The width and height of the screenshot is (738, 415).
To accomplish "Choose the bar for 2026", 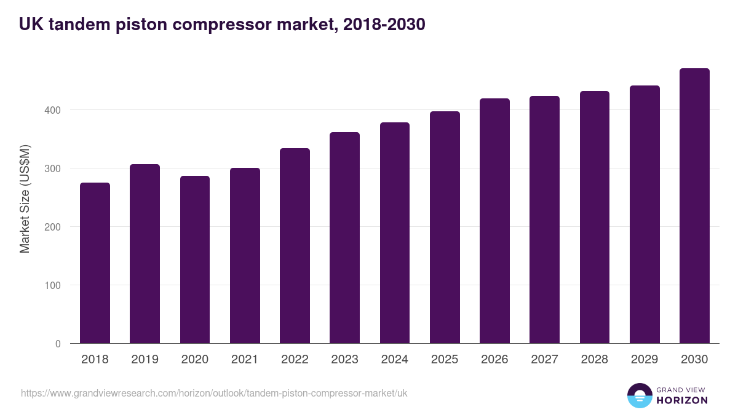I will [494, 221].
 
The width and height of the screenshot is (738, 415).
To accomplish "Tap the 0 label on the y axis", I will [58, 344].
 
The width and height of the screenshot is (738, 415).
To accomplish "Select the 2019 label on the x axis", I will [145, 360].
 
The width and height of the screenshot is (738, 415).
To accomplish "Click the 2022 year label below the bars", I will [295, 360].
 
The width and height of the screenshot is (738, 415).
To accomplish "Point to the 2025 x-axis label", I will [445, 360].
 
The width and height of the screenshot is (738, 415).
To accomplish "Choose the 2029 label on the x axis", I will [645, 360].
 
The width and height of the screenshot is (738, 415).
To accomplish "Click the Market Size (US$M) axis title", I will [25, 198].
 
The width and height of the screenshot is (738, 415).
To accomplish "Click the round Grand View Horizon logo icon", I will [640, 396].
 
